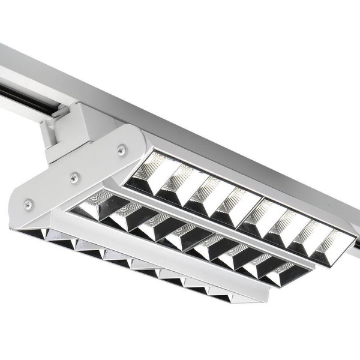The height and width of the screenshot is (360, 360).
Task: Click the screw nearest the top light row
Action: (x=122, y=151)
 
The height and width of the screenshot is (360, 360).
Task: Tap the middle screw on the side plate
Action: (x=75, y=177)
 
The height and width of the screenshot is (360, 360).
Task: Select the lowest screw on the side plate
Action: (x=28, y=204)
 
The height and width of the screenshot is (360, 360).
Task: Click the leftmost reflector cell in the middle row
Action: (x=95, y=205)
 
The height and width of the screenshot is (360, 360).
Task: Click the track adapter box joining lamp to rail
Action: (x=69, y=132)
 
